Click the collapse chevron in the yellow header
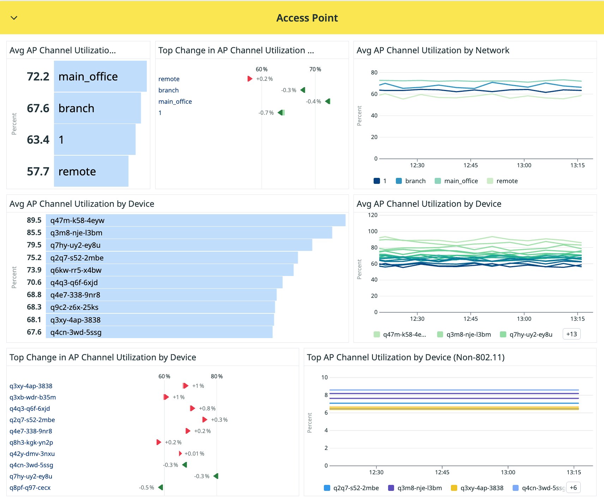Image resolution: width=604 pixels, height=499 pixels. [x=14, y=18]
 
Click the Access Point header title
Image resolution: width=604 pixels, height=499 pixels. [x=307, y=18]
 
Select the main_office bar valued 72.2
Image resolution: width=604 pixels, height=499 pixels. [x=100, y=76]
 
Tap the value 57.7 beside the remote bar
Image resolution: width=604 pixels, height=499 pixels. [x=38, y=172]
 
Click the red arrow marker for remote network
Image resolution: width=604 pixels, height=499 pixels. [x=250, y=79]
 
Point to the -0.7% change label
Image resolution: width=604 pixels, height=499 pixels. [x=266, y=113]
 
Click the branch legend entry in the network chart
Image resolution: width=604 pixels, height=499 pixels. [x=411, y=181]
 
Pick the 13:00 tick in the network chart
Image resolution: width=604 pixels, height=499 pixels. [x=524, y=165]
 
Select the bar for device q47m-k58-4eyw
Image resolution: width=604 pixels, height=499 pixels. [x=195, y=220]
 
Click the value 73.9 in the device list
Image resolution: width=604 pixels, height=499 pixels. [x=34, y=270]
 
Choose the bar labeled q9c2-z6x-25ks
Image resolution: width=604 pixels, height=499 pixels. [x=160, y=307]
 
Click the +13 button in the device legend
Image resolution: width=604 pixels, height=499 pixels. [x=572, y=334]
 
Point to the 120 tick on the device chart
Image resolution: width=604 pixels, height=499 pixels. [x=373, y=215]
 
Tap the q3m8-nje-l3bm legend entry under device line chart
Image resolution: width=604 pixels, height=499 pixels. [x=464, y=335]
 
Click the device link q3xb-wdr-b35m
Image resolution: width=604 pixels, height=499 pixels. [x=33, y=397]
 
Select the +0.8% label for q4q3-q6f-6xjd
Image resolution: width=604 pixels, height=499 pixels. [x=207, y=409]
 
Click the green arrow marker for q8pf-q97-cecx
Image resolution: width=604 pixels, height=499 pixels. [x=161, y=487]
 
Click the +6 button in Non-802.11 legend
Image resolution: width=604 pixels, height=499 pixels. [x=573, y=488]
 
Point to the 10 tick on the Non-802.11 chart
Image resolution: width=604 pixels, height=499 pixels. [x=325, y=378]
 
